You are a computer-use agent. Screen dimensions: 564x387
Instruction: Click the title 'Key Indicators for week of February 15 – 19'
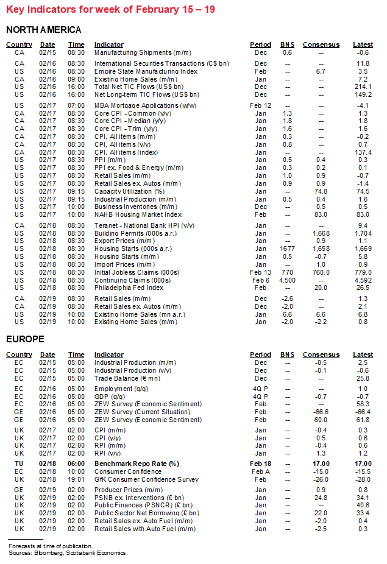[x=110, y=10]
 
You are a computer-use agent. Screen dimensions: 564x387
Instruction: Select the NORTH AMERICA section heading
[x=43, y=30]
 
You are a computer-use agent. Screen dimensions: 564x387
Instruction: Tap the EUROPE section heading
[x=25, y=339]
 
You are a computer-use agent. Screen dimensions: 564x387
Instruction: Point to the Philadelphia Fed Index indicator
[x=129, y=287]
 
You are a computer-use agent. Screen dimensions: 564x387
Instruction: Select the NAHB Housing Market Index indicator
[x=138, y=214]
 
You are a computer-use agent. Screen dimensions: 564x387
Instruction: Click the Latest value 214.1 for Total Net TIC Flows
[x=363, y=87]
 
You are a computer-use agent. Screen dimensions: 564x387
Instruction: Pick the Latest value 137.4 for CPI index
[x=363, y=152]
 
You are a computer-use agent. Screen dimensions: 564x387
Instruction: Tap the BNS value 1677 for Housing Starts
[x=287, y=249]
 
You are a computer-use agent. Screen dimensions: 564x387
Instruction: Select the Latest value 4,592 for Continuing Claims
[x=363, y=280]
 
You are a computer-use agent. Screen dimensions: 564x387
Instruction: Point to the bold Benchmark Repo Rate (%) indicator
[x=136, y=464]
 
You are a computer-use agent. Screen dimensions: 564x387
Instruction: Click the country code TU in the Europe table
[x=19, y=464]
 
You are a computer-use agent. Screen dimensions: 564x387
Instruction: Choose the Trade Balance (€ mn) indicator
[x=127, y=378]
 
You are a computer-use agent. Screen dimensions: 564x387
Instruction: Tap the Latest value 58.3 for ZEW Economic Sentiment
[x=363, y=404]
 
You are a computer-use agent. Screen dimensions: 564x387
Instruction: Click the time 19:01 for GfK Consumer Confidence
[x=76, y=479]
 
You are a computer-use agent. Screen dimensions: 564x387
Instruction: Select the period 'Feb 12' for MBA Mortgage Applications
[x=260, y=105]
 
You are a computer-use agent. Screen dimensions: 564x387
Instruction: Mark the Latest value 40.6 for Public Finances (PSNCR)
[x=363, y=505]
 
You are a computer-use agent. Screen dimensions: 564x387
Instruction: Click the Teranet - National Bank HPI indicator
[x=144, y=225]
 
